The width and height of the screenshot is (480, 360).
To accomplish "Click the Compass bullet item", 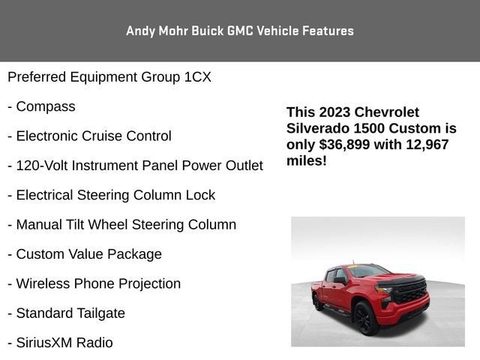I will [x=45, y=106].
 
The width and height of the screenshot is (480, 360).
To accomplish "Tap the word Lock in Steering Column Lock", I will [x=202, y=195].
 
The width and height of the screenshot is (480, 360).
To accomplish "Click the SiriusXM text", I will [x=44, y=343].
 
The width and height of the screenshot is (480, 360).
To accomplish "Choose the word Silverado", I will [x=318, y=128].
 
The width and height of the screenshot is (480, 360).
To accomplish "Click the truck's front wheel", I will [x=365, y=319].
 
